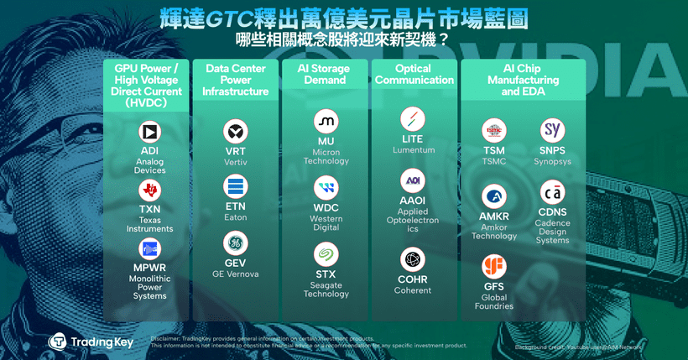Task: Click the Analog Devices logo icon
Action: (149, 133)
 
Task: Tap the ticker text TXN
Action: (149, 210)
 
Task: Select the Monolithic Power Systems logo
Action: (149, 248)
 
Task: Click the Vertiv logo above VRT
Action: (236, 132)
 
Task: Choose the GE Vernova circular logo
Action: (236, 243)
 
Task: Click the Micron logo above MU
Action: (326, 120)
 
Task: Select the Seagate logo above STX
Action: (326, 253)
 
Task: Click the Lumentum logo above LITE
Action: (413, 117)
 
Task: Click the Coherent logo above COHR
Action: (413, 258)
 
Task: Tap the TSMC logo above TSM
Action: (494, 130)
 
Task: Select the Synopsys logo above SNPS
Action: (552, 130)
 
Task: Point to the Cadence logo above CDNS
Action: (552, 190)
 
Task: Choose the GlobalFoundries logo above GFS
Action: (494, 267)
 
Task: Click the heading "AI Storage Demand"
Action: (326, 75)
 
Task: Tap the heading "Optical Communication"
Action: (413, 75)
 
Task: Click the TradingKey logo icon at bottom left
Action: (58, 342)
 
